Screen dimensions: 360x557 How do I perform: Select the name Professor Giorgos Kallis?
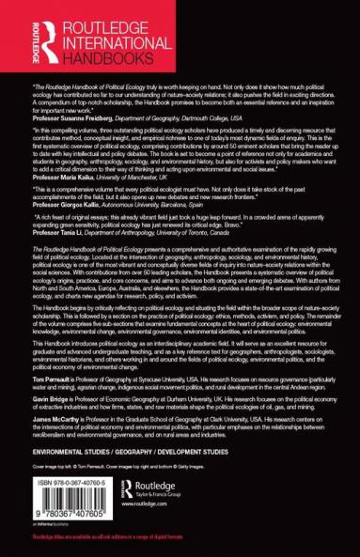pyautogui.click(x=71, y=206)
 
